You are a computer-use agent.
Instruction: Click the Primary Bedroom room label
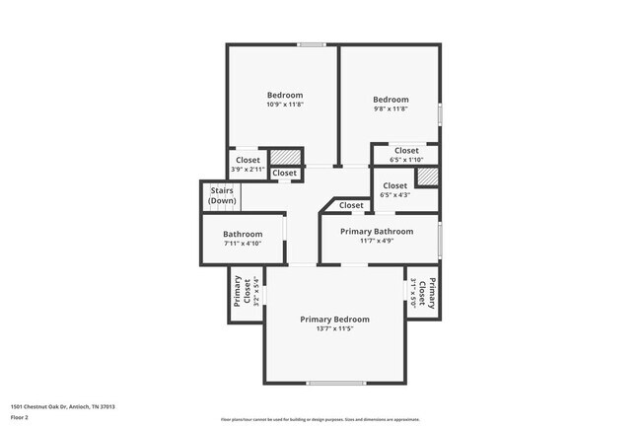[335, 320]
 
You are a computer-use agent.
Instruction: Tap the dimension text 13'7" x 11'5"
[335, 330]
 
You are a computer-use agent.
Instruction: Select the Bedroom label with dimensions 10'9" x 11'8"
[285, 95]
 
